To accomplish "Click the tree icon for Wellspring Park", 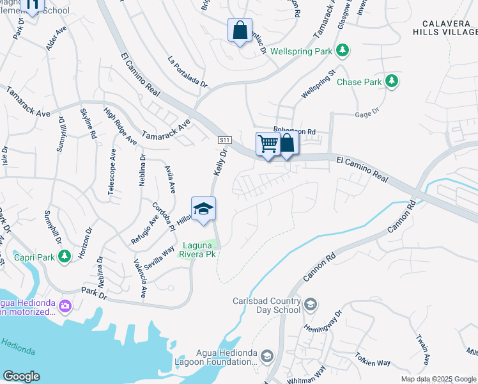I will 343,50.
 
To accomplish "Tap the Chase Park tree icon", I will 391,82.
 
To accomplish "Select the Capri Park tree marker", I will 64,257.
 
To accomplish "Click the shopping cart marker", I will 268,143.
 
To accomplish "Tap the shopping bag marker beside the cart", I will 287,143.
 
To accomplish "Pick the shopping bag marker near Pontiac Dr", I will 240,30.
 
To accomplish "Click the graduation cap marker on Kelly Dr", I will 203,209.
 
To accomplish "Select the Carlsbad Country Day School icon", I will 311,303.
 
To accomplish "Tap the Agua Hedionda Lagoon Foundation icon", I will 267,356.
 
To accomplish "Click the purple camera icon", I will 64,306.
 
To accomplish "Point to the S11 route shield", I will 224,140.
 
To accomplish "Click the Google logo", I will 21,376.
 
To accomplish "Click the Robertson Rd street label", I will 295,131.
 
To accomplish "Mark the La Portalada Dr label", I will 187,71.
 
